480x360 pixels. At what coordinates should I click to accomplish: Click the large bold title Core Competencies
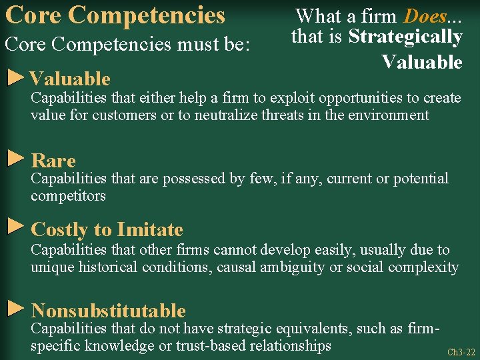point(115,15)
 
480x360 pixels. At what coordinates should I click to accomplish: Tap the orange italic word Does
point(425,15)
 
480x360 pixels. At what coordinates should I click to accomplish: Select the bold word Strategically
point(405,37)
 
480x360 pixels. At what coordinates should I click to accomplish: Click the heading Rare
point(53,161)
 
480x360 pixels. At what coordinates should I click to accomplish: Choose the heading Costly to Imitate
point(107,230)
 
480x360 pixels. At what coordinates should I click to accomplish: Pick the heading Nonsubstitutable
point(108,311)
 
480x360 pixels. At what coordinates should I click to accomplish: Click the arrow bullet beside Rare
point(15,159)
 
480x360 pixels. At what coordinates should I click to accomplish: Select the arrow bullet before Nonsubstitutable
point(15,308)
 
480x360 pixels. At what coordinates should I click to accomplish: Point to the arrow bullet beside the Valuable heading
point(15,77)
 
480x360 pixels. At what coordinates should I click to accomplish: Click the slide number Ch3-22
point(461,352)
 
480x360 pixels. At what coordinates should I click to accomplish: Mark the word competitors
point(68,196)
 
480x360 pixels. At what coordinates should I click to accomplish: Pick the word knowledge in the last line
point(123,346)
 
